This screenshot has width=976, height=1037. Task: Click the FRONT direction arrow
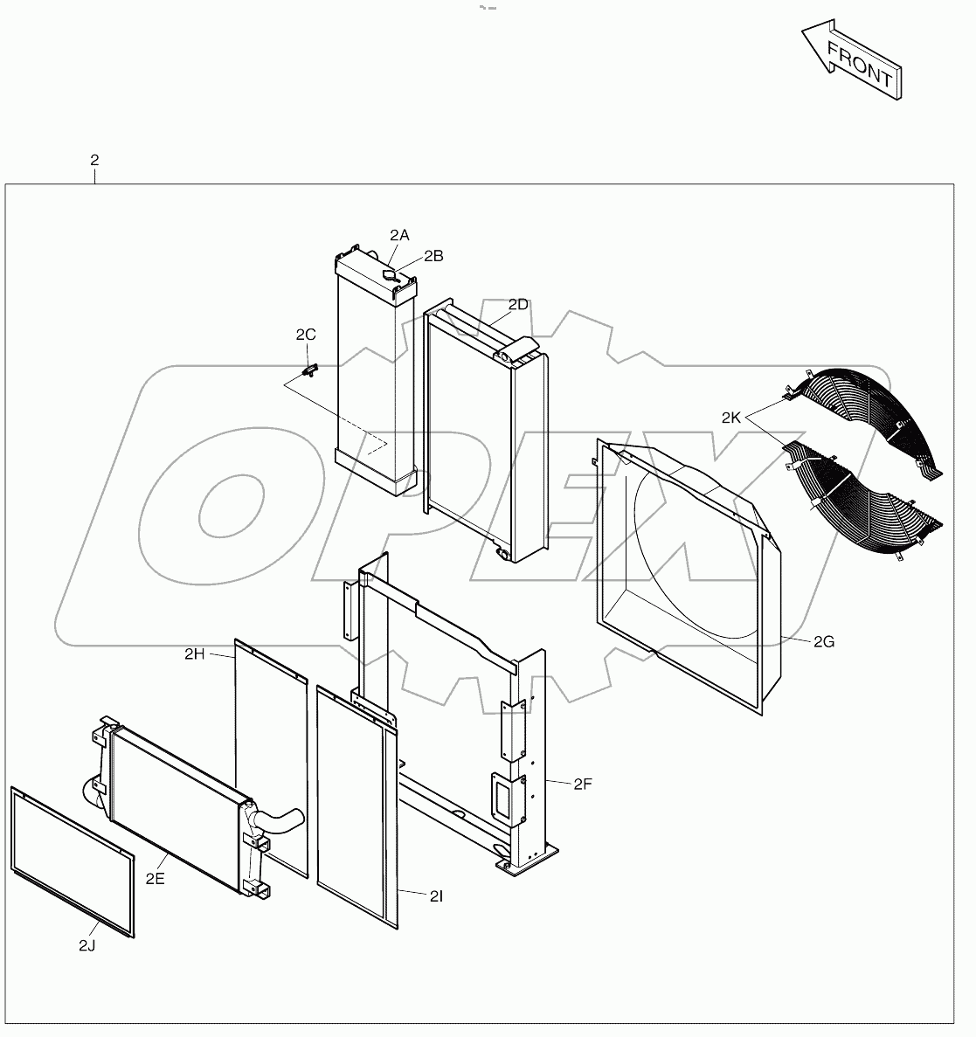pos(852,59)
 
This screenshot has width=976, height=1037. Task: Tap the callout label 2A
pos(399,235)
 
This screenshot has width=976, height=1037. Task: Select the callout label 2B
pos(433,256)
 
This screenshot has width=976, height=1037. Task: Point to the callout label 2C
pos(306,335)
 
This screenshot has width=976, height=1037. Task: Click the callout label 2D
pos(518,304)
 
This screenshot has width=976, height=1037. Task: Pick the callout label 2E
pos(155,879)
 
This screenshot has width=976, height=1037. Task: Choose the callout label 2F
pos(583,784)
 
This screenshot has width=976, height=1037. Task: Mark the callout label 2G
pos(824,642)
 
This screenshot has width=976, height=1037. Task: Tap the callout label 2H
pos(194,653)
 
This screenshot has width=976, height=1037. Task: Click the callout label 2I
pos(436,895)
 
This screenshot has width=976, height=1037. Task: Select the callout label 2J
pos(87,945)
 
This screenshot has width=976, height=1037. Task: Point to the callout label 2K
pos(731,418)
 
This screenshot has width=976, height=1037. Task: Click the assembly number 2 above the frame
pos(94,160)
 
